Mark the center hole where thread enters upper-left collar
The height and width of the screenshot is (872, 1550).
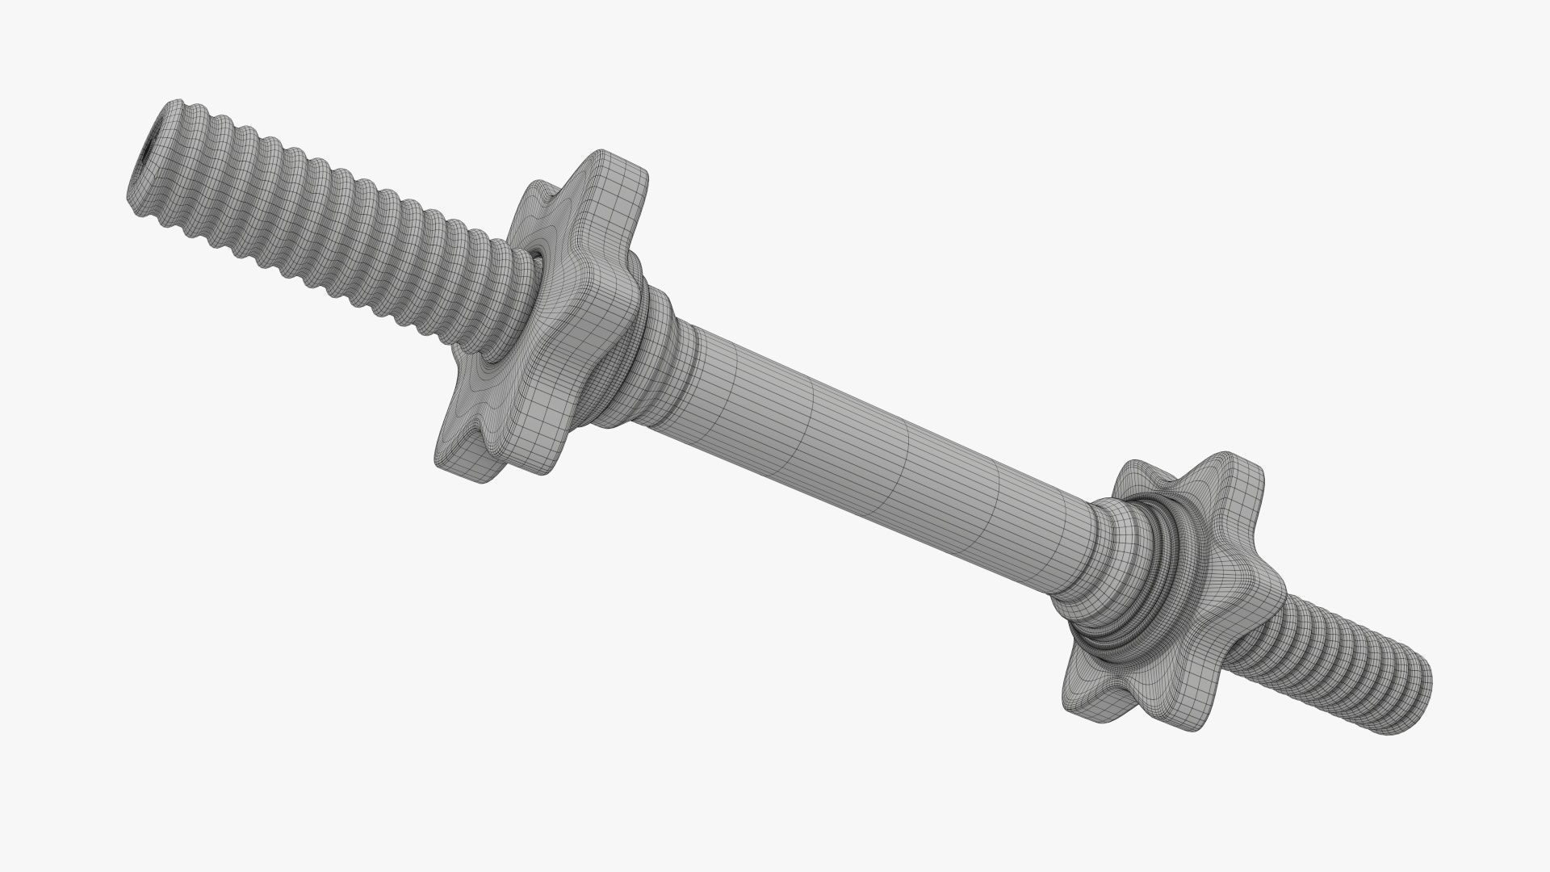(535, 257)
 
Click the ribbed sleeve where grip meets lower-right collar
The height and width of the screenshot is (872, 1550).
(1086, 557)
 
